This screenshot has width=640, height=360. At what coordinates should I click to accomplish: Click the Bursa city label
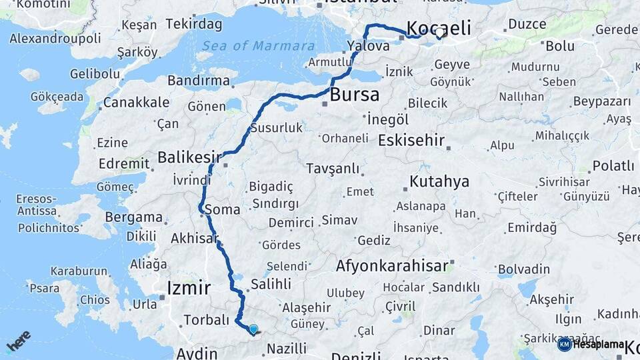click(x=355, y=94)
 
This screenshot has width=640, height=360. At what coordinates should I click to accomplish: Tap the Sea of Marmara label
click(x=259, y=46)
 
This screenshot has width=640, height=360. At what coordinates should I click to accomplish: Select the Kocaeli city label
click(x=438, y=28)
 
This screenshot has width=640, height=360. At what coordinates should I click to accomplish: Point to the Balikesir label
click(x=189, y=157)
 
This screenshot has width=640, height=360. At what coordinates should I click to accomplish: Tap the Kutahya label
click(x=439, y=181)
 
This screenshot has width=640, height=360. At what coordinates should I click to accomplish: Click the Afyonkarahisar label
click(x=392, y=266)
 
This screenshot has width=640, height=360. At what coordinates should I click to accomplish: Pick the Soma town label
click(x=223, y=209)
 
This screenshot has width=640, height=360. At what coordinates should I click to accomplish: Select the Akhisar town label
click(x=195, y=238)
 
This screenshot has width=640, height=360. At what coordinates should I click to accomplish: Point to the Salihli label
click(x=270, y=284)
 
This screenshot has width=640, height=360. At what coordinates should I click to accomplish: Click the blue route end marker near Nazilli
click(x=253, y=329)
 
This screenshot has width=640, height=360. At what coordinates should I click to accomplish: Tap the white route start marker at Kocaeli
click(x=440, y=33)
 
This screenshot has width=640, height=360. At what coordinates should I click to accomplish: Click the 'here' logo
click(x=19, y=341)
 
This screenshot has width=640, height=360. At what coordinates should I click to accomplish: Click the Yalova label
click(x=368, y=47)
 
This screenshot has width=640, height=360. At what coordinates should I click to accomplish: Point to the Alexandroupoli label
click(x=55, y=38)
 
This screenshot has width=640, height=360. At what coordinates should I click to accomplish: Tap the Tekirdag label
click(x=194, y=24)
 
